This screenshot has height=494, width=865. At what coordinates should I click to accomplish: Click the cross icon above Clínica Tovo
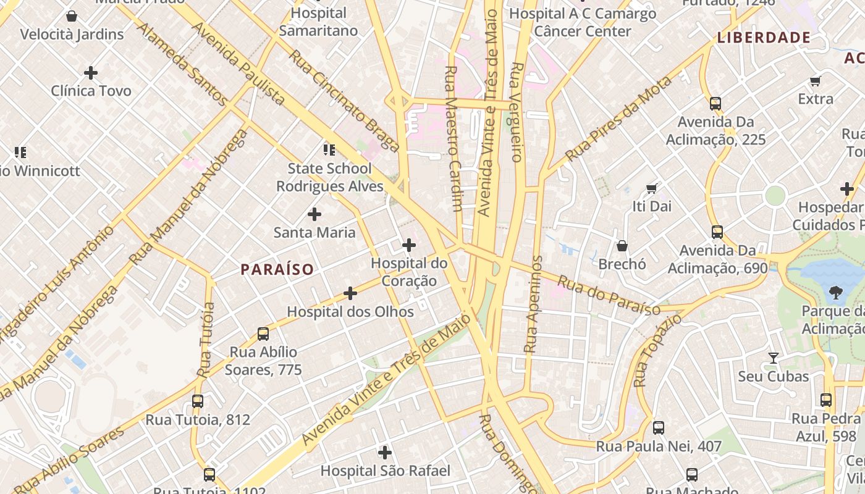click(91, 73)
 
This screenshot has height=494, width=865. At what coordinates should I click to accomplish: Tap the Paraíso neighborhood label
click(277, 269)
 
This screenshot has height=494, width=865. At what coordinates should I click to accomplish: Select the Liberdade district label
click(764, 38)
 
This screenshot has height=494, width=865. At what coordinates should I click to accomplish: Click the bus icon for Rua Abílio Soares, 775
click(263, 334)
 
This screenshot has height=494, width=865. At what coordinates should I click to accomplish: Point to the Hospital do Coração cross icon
click(409, 245)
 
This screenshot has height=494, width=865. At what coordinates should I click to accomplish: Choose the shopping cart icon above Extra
click(816, 81)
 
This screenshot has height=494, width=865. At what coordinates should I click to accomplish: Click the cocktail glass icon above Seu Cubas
click(773, 358)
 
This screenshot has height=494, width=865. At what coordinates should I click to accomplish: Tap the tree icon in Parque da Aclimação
click(836, 291)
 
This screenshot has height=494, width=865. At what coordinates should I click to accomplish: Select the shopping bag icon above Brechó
click(622, 246)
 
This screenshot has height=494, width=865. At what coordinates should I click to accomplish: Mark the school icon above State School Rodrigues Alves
click(329, 150)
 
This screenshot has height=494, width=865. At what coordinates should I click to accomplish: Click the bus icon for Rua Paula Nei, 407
click(659, 427)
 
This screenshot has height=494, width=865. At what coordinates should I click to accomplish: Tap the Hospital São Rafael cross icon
click(385, 453)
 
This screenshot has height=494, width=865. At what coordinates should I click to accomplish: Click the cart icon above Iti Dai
click(651, 188)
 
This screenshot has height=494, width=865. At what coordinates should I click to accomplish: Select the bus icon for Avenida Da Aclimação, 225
click(715, 104)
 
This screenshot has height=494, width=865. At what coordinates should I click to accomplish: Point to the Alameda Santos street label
click(182, 63)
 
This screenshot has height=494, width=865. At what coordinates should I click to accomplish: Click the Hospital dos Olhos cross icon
click(350, 293)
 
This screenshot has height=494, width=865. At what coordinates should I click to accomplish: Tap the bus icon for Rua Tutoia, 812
click(198, 401)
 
